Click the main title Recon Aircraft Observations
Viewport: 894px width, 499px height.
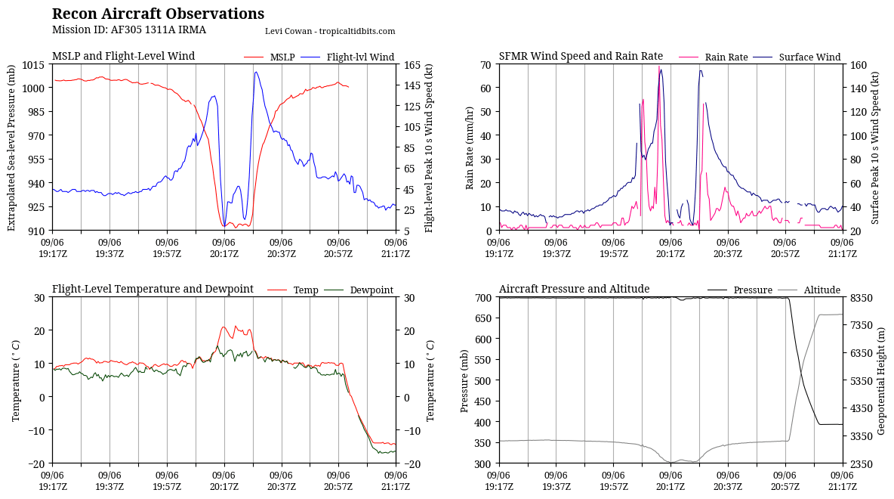158,14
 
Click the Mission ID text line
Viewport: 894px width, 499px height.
128,30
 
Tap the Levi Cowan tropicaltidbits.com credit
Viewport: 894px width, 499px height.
330,31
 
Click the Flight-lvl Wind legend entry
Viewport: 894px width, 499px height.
359,57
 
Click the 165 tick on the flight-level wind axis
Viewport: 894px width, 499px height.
412,64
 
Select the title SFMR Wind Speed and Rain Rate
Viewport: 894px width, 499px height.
581,57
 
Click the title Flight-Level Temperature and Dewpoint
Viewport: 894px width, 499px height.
153,290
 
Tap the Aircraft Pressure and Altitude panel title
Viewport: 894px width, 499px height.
574,290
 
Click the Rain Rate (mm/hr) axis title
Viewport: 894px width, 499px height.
470,147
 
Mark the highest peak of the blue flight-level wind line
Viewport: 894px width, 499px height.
256,73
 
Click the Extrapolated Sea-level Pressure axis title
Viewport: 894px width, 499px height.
11,147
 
